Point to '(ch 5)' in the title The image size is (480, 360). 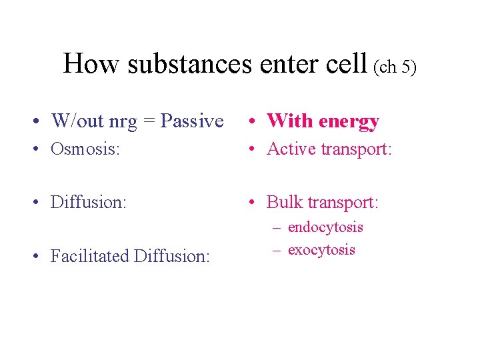tap(395, 67)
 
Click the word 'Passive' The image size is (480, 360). tap(193, 121)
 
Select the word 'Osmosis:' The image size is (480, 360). tap(85, 149)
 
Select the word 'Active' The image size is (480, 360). tap(291, 149)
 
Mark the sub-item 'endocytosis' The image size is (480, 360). tap(325, 227)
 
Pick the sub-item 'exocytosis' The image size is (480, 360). tap(321, 250)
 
